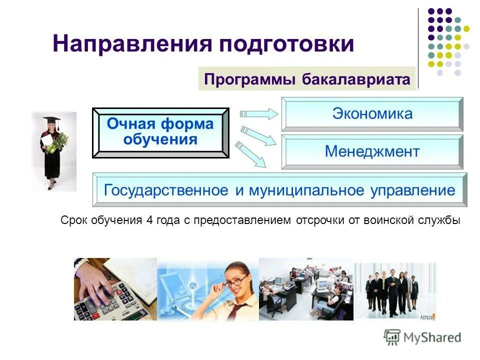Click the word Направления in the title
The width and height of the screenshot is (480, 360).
(x=132, y=44)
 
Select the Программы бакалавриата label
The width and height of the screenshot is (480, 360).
(x=307, y=79)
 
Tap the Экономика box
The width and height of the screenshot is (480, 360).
(x=372, y=114)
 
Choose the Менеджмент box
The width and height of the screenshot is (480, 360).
(x=372, y=151)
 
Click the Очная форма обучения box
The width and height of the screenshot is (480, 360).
(x=160, y=132)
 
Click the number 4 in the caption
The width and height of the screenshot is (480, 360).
(x=149, y=220)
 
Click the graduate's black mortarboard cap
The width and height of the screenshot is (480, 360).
(x=51, y=119)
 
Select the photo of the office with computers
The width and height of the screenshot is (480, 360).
(x=306, y=289)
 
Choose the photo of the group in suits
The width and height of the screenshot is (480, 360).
(x=395, y=289)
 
